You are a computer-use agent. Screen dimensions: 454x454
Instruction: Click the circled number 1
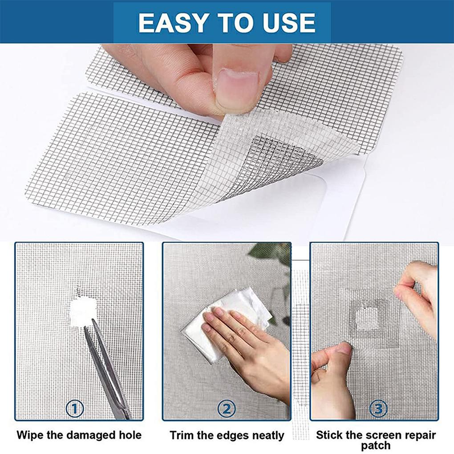tap(75, 408)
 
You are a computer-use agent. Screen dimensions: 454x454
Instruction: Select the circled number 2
tap(226, 408)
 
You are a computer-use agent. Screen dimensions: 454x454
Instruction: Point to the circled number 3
tap(378, 408)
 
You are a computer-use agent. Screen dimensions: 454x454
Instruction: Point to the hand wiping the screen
tap(249, 343)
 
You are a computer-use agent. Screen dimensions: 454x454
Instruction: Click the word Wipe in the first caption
tap(32, 435)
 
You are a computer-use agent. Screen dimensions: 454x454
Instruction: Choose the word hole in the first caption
tap(129, 435)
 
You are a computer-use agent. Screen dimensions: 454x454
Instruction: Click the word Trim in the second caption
tap(182, 435)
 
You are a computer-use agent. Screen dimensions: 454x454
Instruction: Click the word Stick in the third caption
tap(329, 435)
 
